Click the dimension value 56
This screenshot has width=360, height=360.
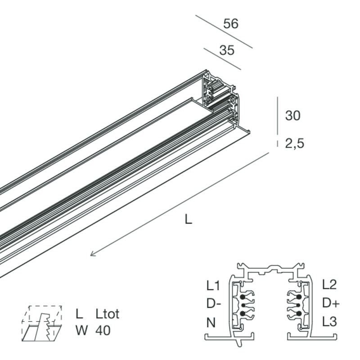click(x=231, y=24)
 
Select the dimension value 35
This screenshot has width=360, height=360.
click(x=227, y=50)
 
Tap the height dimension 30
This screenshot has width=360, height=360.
click(x=293, y=116)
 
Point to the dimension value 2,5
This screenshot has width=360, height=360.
click(x=295, y=144)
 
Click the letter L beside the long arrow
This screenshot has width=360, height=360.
click(x=188, y=220)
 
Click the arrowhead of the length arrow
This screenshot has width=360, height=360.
click(x=92, y=254)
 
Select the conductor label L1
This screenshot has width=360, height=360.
click(x=213, y=286)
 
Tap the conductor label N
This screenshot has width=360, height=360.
click(x=211, y=322)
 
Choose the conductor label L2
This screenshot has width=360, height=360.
click(x=329, y=284)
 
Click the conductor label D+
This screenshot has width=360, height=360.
click(x=331, y=303)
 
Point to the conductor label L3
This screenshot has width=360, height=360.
click(x=329, y=322)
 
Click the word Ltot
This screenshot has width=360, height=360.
click(x=108, y=314)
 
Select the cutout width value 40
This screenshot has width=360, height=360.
click(x=103, y=331)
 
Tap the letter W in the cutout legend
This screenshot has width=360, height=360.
click(x=82, y=331)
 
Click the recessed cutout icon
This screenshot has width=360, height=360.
click(x=42, y=323)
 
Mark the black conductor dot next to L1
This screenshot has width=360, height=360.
click(x=243, y=297)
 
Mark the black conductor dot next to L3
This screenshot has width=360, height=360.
click(x=299, y=313)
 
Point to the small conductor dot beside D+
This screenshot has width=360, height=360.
click(x=298, y=305)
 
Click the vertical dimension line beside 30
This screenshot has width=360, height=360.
click(x=278, y=116)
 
